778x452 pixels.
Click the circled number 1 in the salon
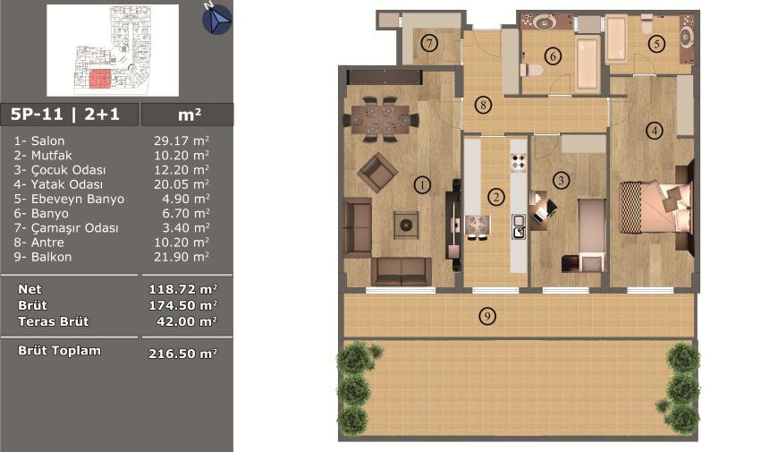[422, 185]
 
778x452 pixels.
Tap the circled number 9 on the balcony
[487, 316]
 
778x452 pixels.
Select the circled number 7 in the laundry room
[429, 43]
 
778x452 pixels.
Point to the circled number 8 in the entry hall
[483, 105]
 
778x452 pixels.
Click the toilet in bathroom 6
[531, 69]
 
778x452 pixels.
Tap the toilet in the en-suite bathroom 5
[647, 23]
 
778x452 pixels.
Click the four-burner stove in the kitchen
[519, 162]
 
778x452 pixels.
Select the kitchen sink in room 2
[519, 227]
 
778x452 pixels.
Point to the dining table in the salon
[380, 120]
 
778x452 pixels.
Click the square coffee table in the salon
[406, 225]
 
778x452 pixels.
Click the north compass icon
[216, 20]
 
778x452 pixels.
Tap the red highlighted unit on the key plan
[100, 79]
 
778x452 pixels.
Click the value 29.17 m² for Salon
[182, 141]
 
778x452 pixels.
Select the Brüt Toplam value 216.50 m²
[182, 354]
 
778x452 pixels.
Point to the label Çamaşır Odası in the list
[75, 228]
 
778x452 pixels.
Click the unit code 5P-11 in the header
[37, 115]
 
